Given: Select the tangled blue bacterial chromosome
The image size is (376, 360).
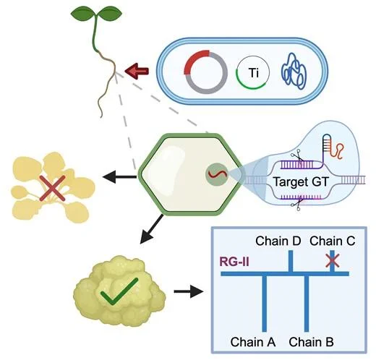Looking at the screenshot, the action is (294, 72).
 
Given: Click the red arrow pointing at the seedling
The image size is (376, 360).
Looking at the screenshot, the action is (137, 71).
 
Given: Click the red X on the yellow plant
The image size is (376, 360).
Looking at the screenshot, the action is (52, 188).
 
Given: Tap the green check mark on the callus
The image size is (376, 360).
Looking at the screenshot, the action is (119, 291).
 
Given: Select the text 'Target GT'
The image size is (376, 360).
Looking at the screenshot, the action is (302, 181).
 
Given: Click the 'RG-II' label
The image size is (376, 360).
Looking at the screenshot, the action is (234, 262).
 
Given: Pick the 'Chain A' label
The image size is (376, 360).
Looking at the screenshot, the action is (253, 342).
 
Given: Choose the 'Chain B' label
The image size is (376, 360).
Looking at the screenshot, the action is (311, 342).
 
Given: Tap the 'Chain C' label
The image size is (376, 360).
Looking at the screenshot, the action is (333, 241).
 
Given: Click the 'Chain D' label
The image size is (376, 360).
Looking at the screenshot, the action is (278, 241).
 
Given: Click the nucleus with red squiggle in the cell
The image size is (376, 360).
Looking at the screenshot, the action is (217, 174).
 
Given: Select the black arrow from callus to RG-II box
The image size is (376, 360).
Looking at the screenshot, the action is (188, 291).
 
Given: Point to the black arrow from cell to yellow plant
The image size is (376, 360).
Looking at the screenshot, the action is (119, 177).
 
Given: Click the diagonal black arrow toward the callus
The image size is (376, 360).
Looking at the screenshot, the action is (152, 229).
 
